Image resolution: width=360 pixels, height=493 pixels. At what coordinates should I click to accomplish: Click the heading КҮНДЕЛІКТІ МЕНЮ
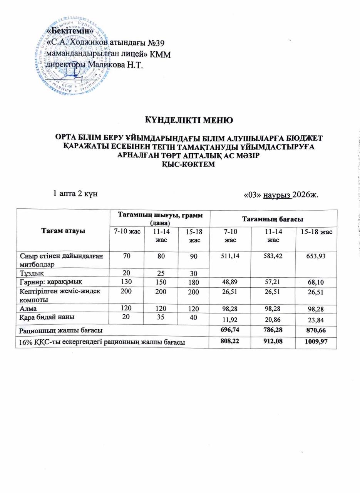(x=188, y=119)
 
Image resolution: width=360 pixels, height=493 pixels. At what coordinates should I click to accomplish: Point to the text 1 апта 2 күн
(x=74, y=193)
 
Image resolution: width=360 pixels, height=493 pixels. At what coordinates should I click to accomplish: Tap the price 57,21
(x=273, y=282)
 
